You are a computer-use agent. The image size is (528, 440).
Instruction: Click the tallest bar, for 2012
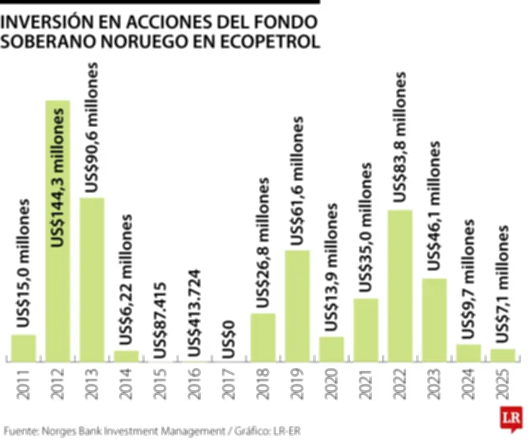point(57,231)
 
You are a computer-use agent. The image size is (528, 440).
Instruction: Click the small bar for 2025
point(503,355)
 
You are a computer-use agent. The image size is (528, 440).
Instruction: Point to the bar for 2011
point(23,348)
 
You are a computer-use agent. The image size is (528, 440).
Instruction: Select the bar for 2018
point(263,337)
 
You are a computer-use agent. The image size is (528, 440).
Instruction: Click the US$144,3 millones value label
point(59,178)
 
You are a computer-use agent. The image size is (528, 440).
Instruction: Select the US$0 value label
point(228,340)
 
